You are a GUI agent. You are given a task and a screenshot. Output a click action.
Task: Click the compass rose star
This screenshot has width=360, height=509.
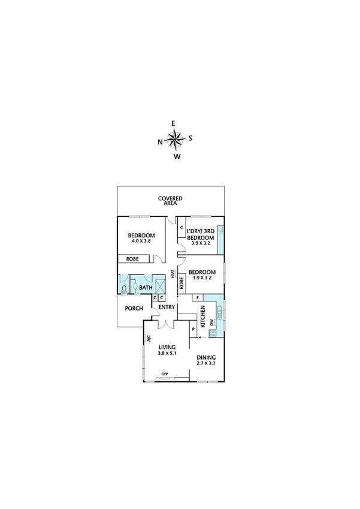175,140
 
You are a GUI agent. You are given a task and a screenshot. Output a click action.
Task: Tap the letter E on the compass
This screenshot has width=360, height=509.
174,124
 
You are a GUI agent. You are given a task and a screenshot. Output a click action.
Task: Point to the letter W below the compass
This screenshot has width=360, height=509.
177,157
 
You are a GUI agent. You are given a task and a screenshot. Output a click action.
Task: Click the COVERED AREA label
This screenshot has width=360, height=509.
170,201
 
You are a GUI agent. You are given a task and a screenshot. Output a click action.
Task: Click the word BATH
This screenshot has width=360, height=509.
146,288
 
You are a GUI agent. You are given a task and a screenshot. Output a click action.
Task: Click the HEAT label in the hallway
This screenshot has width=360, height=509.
173,275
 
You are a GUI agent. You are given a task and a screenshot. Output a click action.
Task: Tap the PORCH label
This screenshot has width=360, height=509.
134,309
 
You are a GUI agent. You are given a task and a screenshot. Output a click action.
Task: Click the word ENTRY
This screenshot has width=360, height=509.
167,308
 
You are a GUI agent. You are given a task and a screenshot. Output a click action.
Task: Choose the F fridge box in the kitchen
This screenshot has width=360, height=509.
196,297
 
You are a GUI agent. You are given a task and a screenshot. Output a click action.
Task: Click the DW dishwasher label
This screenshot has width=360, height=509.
211,323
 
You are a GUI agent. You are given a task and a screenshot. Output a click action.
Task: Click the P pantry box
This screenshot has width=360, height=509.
193,329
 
